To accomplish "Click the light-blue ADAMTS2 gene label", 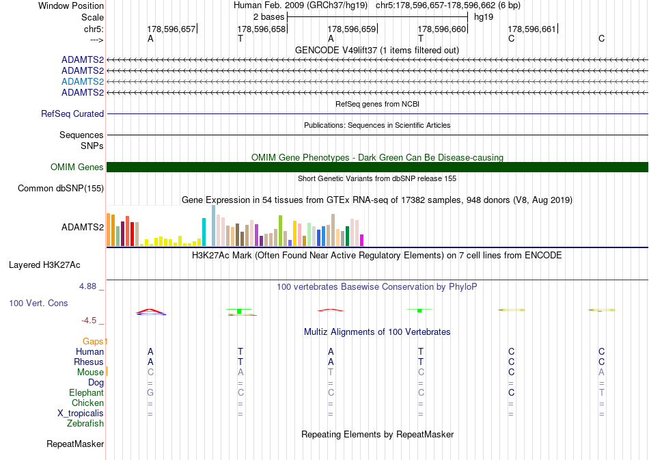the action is click(83, 81).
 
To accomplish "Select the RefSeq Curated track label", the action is click(72, 114).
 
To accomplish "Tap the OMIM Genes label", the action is click(77, 167).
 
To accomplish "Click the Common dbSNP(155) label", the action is click(61, 189).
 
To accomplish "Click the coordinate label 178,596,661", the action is click(531, 29).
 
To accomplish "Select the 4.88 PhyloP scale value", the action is click(87, 286).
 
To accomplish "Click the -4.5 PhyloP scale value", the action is click(89, 321).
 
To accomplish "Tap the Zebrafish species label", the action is click(85, 424).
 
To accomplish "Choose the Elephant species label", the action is click(87, 392).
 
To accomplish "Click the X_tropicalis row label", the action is click(81, 414).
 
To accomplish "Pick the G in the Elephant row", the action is click(150, 392).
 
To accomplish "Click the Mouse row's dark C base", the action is click(511, 373).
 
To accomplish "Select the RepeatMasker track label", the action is click(75, 444).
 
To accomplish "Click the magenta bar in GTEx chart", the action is click(362, 240).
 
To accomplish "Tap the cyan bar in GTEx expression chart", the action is click(204, 232).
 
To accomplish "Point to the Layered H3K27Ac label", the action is click(44, 265).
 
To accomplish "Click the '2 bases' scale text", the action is click(269, 17).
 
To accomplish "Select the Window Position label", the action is click(71, 5).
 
